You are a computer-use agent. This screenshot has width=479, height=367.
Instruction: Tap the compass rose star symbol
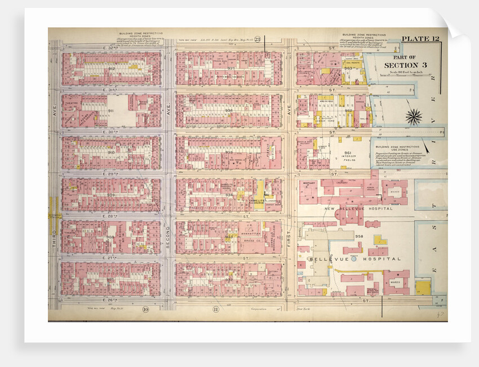click(x=414, y=117)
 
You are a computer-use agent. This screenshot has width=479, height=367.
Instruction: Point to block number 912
click(x=112, y=69)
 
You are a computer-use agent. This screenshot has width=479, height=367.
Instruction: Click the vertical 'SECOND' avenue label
click(x=167, y=230)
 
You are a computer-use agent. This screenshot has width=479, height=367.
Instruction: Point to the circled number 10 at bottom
click(x=145, y=309)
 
